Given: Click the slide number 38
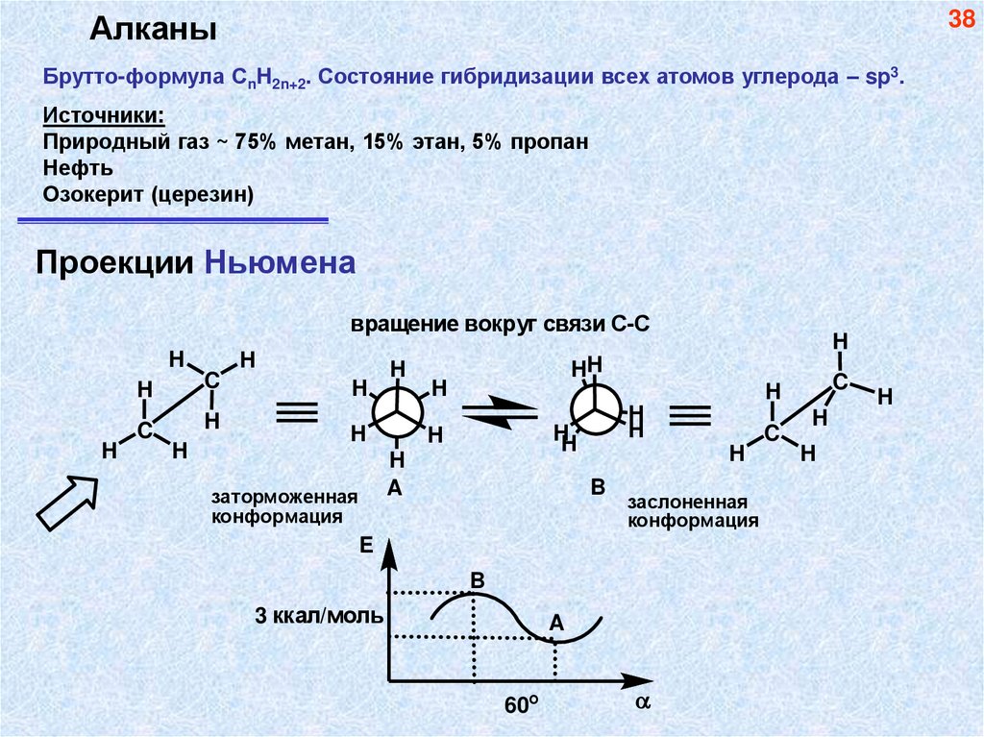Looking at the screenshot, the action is [x=962, y=20].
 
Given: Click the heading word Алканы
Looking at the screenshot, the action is [x=153, y=30].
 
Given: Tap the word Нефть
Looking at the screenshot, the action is [x=79, y=167].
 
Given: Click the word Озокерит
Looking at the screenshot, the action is [x=93, y=194].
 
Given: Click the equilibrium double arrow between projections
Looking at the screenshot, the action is [x=501, y=411].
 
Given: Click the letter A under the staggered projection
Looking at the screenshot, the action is [x=394, y=489].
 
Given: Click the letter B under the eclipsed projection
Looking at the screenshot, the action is [x=597, y=488].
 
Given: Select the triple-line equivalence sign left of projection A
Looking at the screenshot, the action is [x=297, y=412].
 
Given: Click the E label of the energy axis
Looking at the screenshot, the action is [x=365, y=546].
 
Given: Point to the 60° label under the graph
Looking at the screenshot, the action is [x=519, y=704].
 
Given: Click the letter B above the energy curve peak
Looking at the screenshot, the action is [x=478, y=579].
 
